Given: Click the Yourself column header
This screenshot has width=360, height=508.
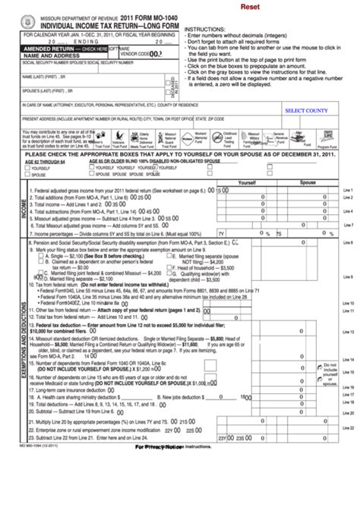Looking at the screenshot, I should (x=248, y=183).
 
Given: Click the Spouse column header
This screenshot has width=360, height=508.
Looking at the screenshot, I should (x=308, y=183).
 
